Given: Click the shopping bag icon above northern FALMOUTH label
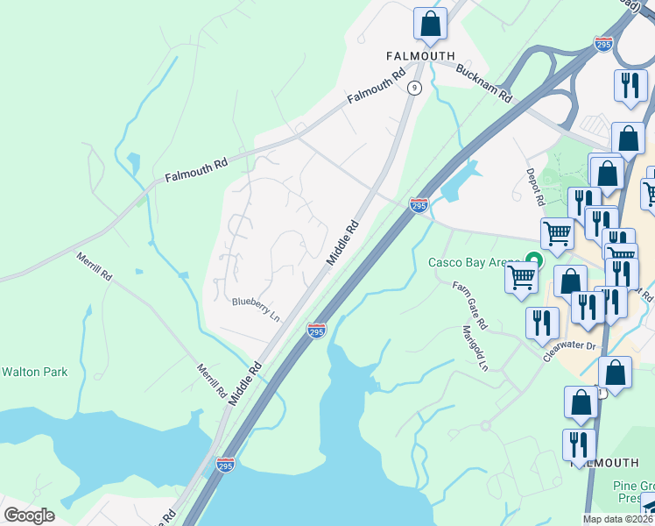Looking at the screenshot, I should coord(430,24).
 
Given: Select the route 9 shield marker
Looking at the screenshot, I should coord(414,88).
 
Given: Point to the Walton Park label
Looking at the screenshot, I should coord(34,373).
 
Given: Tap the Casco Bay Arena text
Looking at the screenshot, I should coord(472,262).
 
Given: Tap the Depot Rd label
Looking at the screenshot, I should coord(534,187).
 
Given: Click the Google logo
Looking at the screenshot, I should coord(29,515).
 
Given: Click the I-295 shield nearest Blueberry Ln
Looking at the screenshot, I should coord(317,331).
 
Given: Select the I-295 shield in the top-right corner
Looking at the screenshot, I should coord(603,43).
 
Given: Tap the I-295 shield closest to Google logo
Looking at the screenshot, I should coord(225,466).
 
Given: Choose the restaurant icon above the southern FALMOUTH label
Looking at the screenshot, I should coord(579,444).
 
